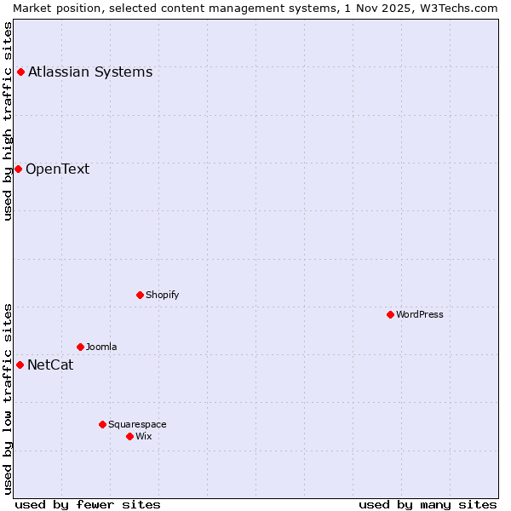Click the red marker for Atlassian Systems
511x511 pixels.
20,72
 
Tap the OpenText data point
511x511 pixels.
18,169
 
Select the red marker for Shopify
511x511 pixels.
140,295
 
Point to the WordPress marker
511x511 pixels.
390,314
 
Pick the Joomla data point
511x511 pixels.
80,347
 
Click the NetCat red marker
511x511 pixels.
20,365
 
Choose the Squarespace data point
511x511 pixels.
102,424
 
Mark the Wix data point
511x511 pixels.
129,436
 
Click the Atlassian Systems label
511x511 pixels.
90,72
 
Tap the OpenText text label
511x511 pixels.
57,169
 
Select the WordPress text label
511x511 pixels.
420,314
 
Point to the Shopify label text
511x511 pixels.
163,295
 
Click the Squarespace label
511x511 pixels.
137,424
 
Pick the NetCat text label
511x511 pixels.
50,365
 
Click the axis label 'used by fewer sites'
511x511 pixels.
88,504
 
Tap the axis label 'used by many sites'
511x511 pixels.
428,504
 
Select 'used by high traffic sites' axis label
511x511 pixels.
8,121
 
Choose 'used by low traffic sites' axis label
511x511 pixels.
8,398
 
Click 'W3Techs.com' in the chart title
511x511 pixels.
463,8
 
